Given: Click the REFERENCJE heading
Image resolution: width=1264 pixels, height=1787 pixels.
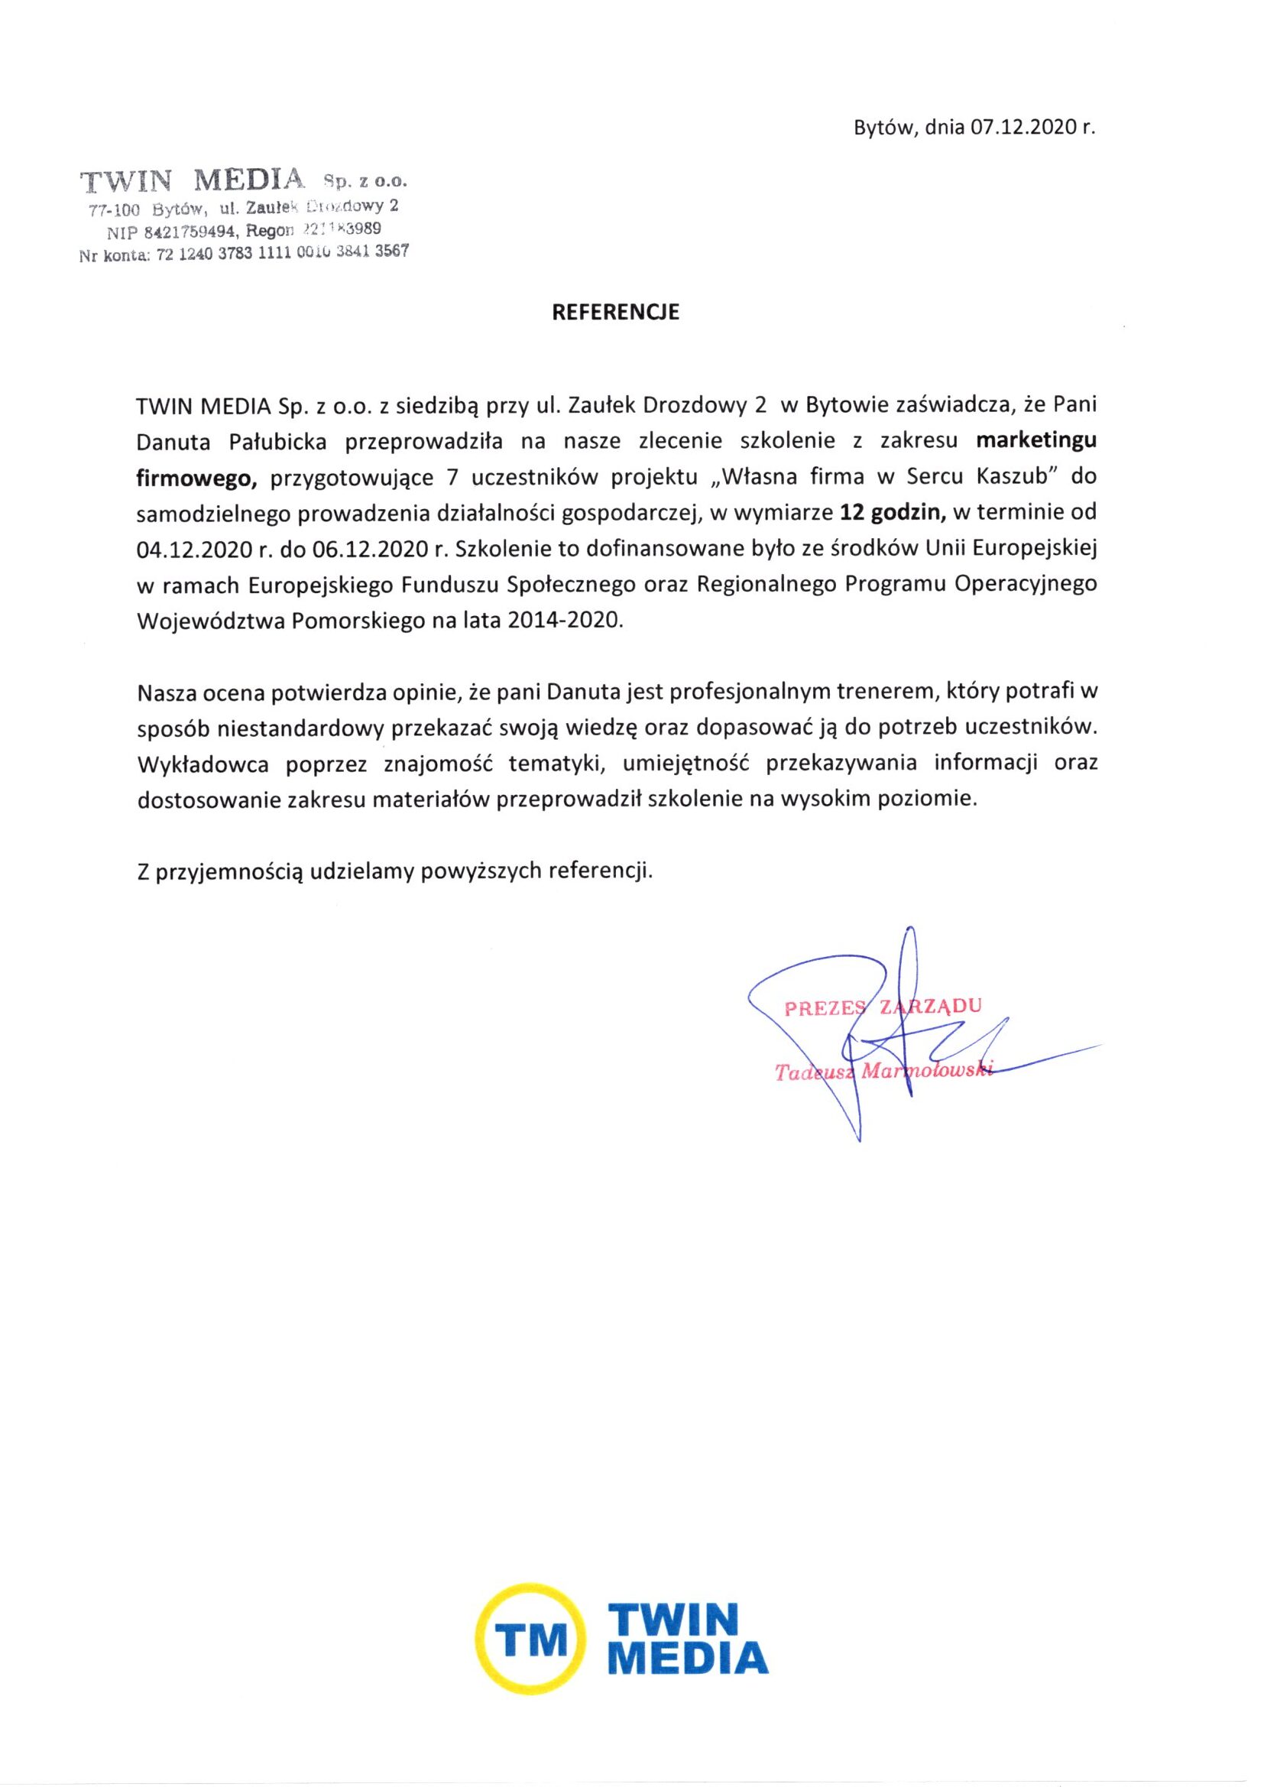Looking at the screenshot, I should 615,312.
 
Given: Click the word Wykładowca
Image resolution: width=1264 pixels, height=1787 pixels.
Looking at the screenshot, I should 203,764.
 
